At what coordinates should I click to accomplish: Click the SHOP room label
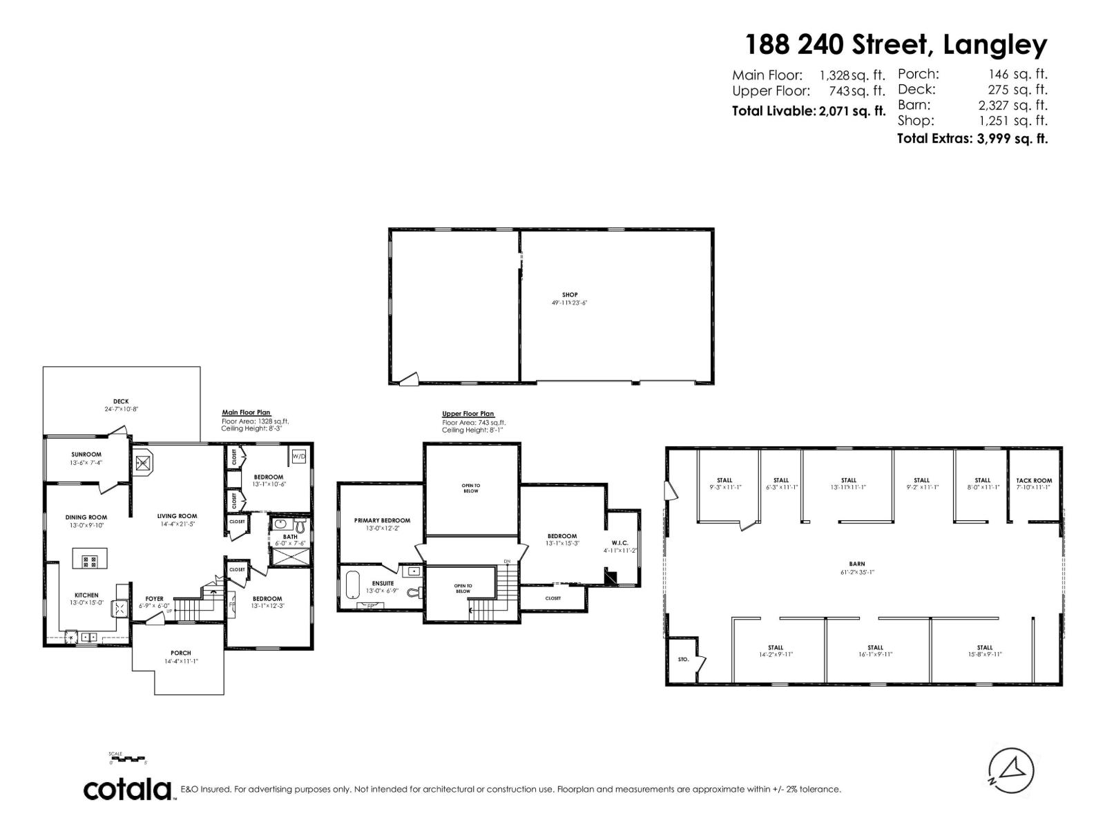[569, 295]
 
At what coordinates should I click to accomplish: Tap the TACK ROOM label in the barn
[1034, 480]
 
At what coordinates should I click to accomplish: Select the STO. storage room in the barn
[683, 660]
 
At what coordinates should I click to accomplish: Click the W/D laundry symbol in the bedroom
[299, 457]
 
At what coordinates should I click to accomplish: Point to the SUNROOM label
[86, 455]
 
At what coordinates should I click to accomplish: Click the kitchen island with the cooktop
[90, 561]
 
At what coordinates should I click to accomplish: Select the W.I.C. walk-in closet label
[619, 543]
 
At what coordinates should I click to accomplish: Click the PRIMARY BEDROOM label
[382, 520]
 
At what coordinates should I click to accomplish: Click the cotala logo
[128, 789]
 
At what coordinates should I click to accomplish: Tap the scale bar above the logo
[128, 759]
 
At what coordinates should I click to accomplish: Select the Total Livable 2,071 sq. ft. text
[808, 111]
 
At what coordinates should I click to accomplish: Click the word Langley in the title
[995, 45]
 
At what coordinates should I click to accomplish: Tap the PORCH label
[181, 653]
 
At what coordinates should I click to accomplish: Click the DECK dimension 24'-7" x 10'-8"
[117, 409]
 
